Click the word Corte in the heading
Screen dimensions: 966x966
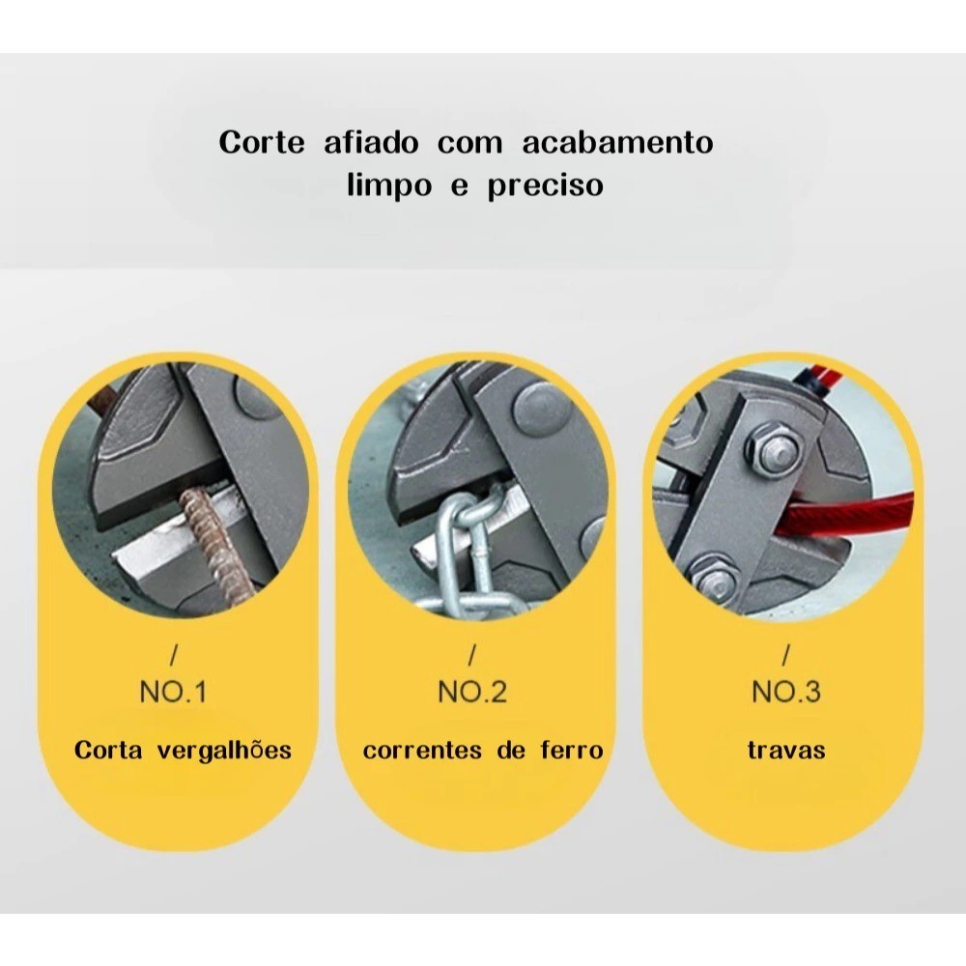(262, 142)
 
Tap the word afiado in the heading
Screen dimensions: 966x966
(371, 142)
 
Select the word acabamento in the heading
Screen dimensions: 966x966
(618, 142)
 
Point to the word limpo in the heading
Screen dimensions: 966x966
(389, 185)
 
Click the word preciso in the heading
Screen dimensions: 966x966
(545, 185)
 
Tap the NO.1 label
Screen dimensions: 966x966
(173, 692)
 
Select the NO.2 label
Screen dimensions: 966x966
(472, 692)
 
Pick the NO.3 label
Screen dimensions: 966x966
(786, 692)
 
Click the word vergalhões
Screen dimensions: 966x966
(224, 751)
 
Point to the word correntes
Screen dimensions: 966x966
(423, 751)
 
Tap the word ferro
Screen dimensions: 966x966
(572, 750)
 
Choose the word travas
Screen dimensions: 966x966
(786, 750)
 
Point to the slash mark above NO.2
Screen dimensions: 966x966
(472, 655)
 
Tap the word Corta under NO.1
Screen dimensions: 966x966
(108, 750)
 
